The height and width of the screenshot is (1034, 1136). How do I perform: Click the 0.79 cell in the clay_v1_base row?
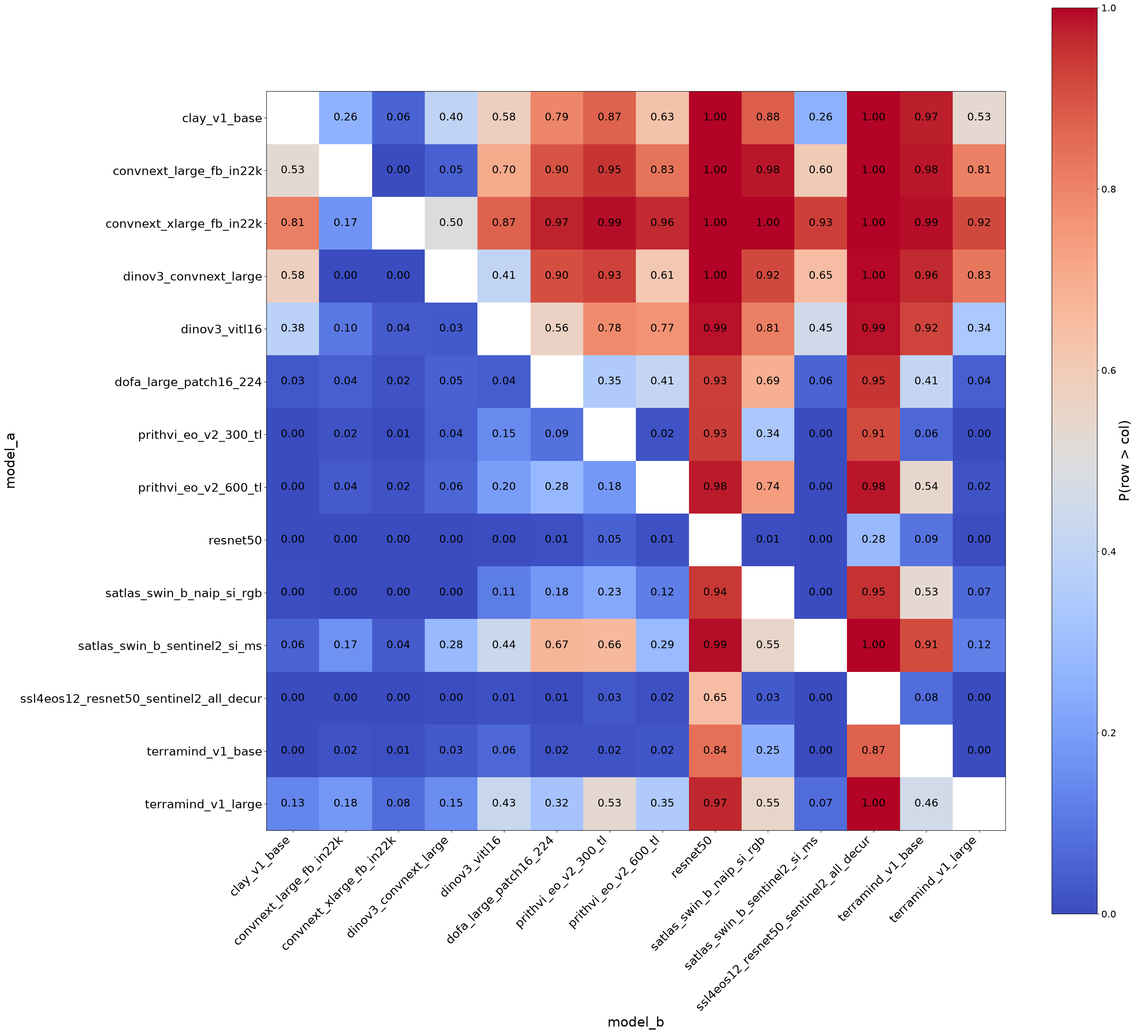click(557, 118)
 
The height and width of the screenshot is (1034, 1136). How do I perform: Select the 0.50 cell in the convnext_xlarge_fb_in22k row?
click(451, 223)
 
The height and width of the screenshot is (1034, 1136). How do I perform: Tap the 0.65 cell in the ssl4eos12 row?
click(715, 698)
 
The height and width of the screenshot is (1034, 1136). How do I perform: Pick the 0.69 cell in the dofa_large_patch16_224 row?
click(768, 381)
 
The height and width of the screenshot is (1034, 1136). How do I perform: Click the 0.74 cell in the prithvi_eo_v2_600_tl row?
click(768, 487)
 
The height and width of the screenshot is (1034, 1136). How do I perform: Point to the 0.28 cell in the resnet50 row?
click(874, 540)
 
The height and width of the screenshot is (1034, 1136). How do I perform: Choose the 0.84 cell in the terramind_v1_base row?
click(715, 751)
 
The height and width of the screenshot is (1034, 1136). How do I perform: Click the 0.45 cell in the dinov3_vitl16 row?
click(820, 328)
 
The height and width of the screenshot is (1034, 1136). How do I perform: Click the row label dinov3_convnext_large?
click(193, 276)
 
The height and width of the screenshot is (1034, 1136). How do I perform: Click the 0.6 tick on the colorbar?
click(1109, 370)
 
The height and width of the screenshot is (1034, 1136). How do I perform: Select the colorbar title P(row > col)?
click(1124, 460)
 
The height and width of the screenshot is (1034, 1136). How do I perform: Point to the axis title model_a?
click(10, 460)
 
